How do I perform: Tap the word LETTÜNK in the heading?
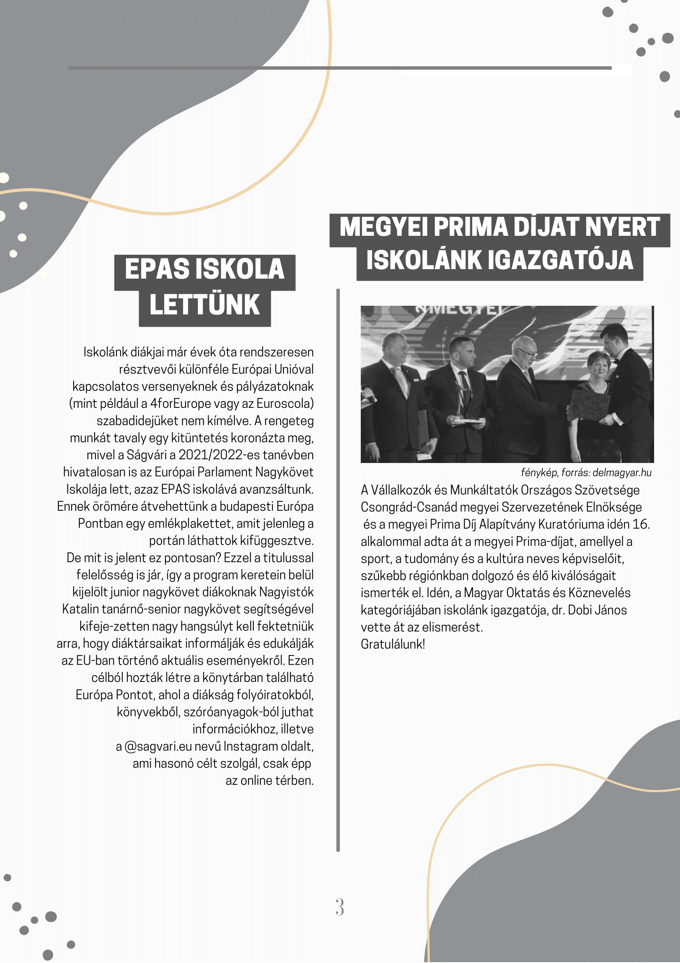point(204,305)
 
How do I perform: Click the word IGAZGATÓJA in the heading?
point(561,260)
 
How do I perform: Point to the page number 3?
point(339,907)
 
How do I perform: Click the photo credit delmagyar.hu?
point(622,473)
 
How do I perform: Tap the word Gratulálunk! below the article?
point(393,644)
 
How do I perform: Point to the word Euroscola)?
point(285,403)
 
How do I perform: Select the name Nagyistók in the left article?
point(286,592)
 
